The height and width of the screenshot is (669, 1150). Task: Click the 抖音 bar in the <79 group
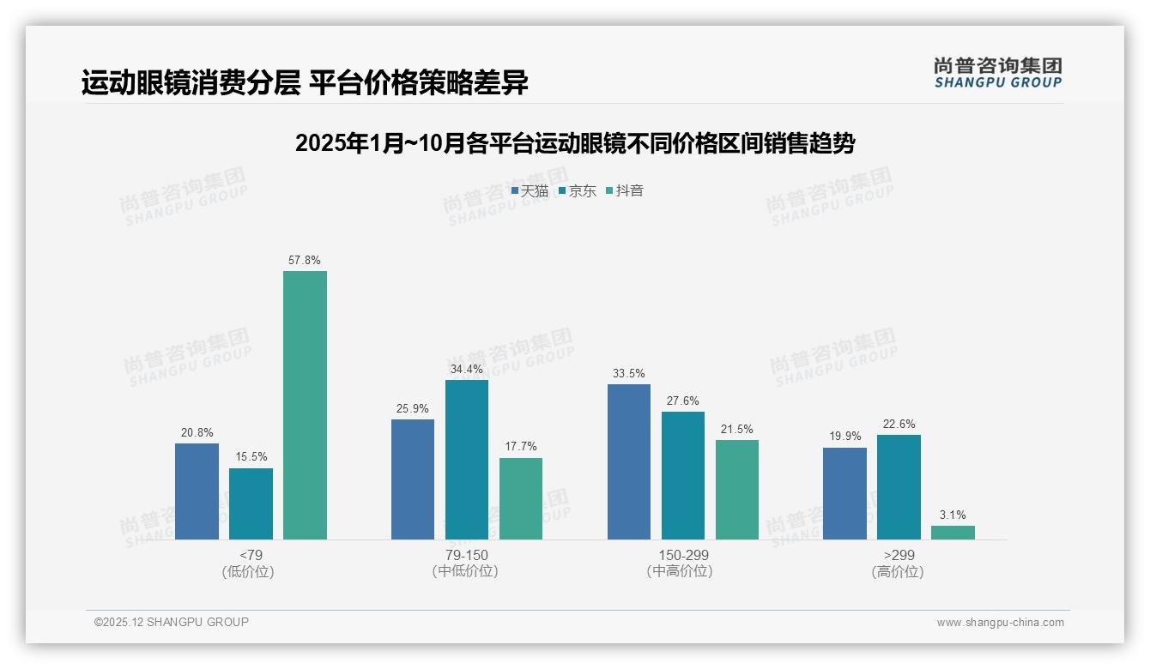305,405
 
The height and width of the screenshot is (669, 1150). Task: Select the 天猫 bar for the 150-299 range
629,461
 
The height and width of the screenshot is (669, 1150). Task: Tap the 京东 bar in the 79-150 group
466,460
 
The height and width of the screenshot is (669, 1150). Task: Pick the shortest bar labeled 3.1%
953,533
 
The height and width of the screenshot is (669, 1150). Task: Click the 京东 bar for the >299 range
899,487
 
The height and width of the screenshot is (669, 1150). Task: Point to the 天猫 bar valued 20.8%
197,491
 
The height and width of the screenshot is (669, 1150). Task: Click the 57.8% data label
305,260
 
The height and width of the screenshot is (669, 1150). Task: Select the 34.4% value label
466,369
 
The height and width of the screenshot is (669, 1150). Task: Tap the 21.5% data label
737,429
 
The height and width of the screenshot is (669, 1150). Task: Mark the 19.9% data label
844,437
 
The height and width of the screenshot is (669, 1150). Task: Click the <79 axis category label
251,555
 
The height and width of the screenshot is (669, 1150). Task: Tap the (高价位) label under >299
898,571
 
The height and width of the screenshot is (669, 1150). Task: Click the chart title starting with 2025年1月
574,143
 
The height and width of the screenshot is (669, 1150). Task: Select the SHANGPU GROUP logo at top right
997,73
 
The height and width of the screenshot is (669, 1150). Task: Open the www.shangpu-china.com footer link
1000,622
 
